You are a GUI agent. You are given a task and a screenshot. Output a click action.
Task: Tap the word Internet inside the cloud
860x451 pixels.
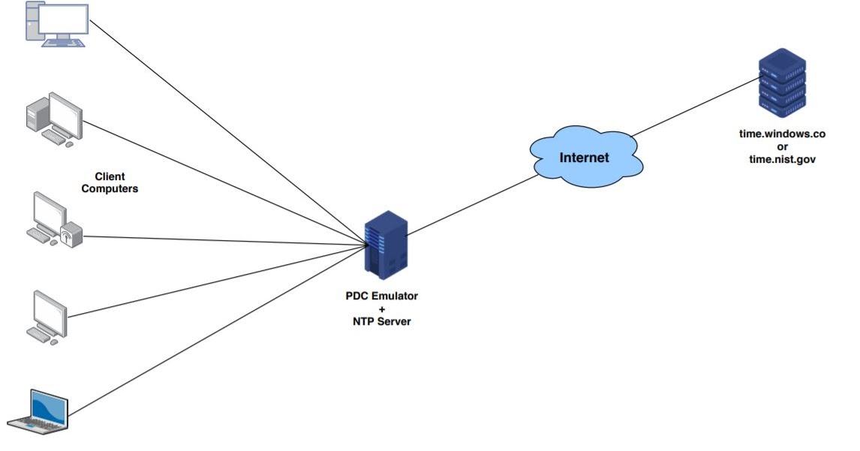(x=584, y=158)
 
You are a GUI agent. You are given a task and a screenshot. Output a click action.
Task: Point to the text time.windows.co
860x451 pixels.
(x=782, y=134)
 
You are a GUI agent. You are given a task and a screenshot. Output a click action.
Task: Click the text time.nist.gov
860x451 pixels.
(x=782, y=158)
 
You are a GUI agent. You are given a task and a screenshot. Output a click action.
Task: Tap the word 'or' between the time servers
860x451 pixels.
(x=782, y=146)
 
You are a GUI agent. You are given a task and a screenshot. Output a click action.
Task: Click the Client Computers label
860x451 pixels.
(x=110, y=182)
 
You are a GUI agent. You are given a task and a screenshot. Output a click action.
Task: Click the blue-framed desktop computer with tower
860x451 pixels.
(x=57, y=25)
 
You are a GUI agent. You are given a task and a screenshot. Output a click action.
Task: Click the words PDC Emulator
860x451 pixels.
(x=381, y=296)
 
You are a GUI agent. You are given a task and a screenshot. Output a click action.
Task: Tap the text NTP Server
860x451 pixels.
(x=381, y=321)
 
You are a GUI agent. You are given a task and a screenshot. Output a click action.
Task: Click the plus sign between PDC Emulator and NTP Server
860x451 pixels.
(x=381, y=308)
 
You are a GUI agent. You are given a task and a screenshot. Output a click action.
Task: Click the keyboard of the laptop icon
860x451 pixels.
(x=38, y=425)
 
